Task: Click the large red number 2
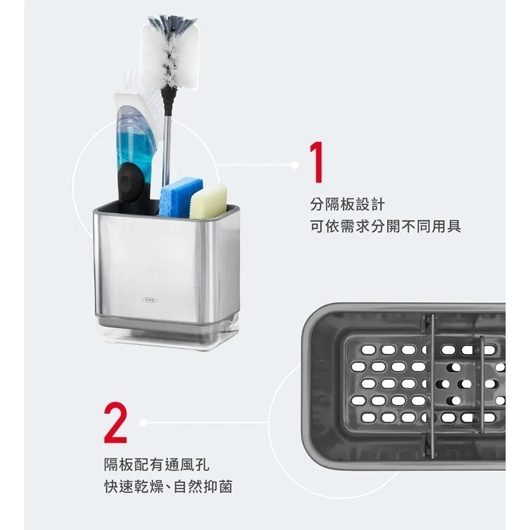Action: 116,423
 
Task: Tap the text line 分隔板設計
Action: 347,205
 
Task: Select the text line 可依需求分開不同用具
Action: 385,227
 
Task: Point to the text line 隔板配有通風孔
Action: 157,465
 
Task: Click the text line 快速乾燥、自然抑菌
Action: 168,487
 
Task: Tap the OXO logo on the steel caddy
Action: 150,299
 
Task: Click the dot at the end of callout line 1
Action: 295,165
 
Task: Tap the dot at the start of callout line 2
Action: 143,422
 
